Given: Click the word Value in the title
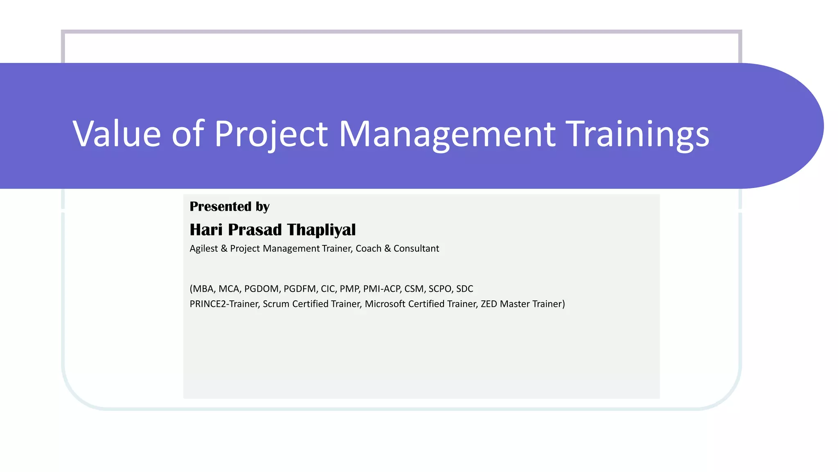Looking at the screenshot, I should point(117,134).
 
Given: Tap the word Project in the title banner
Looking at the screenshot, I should point(271,134).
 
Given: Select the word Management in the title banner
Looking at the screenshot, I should point(447,134).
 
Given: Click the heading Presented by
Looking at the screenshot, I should point(229,206).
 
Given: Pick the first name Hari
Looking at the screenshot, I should point(206,230).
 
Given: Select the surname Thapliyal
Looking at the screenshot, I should point(321,230).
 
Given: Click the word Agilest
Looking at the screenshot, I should point(204,249).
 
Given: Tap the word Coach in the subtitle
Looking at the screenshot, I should point(368,249).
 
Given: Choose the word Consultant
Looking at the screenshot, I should point(416,249).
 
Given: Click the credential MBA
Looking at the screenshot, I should point(203,289).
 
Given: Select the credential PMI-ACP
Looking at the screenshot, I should point(382,289).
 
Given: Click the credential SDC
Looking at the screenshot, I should point(464,289).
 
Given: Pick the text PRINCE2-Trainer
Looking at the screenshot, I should point(224,304).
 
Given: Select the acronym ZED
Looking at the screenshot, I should point(489,304).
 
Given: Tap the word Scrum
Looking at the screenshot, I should point(276,304).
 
